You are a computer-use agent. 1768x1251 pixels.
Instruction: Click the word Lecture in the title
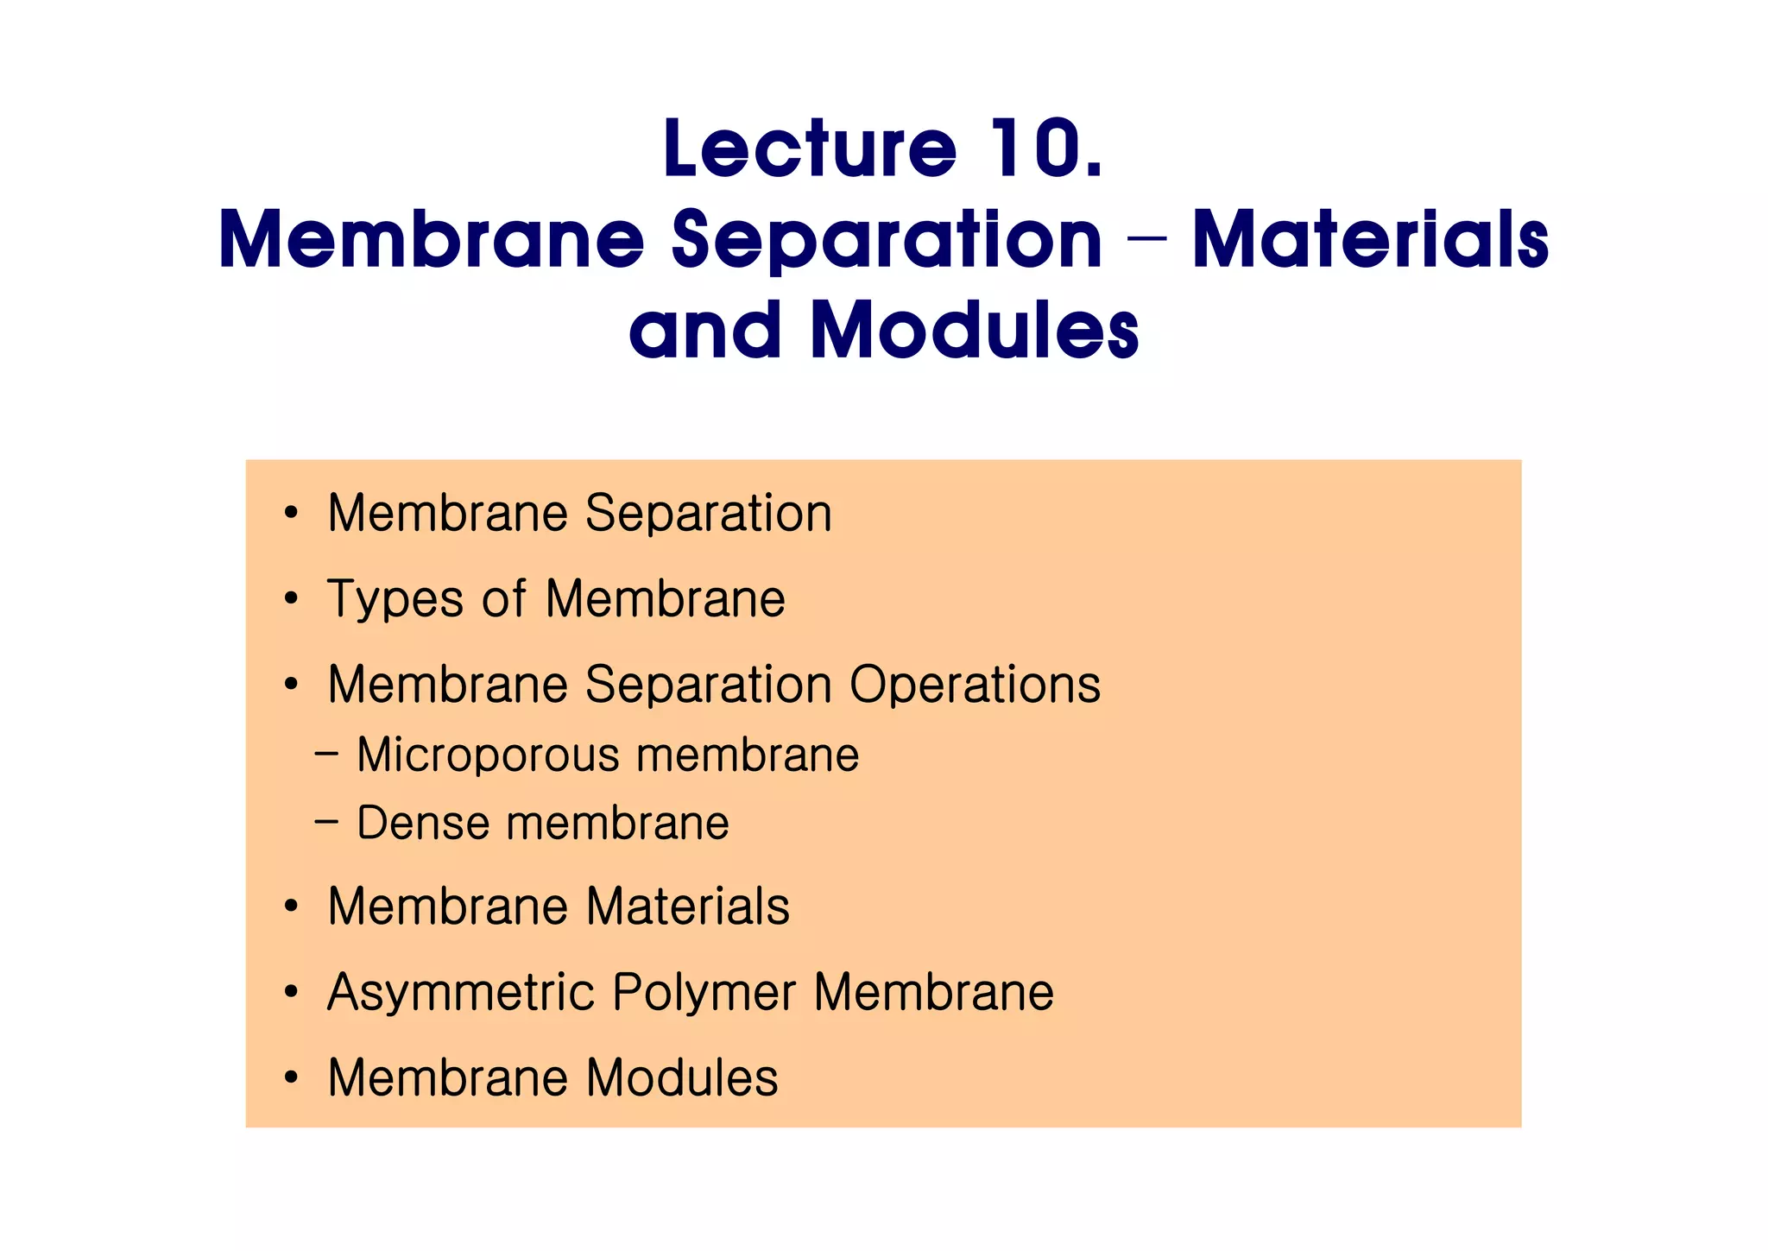(x=810, y=148)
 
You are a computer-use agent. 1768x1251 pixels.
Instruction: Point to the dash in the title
(x=1146, y=242)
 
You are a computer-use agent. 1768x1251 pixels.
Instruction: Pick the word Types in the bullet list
(x=395, y=599)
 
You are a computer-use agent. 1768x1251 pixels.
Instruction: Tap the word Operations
(x=975, y=685)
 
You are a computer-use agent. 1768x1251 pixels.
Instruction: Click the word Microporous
(x=488, y=755)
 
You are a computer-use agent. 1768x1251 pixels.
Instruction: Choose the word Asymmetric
(x=461, y=992)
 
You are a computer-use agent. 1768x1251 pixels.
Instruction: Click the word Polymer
(x=704, y=992)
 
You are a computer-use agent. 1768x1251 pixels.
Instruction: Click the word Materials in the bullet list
(x=688, y=907)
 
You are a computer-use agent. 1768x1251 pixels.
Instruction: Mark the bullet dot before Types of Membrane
(x=291, y=598)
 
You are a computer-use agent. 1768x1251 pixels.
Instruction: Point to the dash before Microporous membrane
(x=326, y=755)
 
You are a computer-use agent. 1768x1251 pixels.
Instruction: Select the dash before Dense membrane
(x=326, y=822)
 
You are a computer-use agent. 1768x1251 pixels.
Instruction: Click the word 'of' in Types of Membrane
(x=504, y=599)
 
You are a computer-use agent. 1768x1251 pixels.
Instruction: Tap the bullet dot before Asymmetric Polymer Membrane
(x=291, y=992)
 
